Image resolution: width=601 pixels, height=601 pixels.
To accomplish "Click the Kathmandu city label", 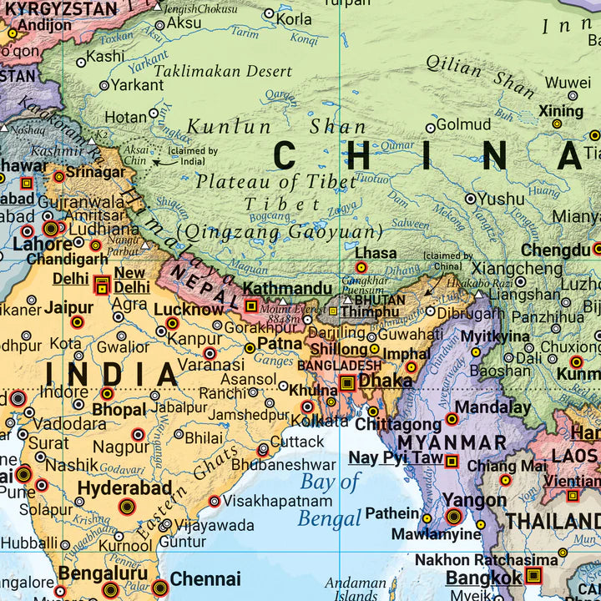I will (x=288, y=288).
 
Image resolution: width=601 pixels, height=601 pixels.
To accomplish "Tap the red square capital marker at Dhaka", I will (x=347, y=383).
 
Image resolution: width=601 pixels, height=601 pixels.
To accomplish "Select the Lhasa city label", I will (x=376, y=252).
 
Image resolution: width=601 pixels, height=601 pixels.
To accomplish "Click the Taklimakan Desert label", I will (x=223, y=72).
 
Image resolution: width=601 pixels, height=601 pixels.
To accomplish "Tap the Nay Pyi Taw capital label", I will (x=396, y=457).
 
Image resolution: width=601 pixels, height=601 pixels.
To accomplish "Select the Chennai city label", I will (x=205, y=578).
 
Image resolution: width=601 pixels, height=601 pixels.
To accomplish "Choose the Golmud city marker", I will (x=431, y=128).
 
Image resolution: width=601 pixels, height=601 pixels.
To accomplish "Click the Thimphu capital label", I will (x=370, y=311).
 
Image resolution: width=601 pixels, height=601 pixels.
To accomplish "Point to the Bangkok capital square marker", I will (x=533, y=576).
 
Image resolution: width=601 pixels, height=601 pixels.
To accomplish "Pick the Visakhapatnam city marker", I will (x=215, y=502).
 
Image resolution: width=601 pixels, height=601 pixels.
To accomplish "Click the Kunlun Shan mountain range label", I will (x=275, y=127).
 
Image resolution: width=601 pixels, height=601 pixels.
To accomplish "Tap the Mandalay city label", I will (x=492, y=408).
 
